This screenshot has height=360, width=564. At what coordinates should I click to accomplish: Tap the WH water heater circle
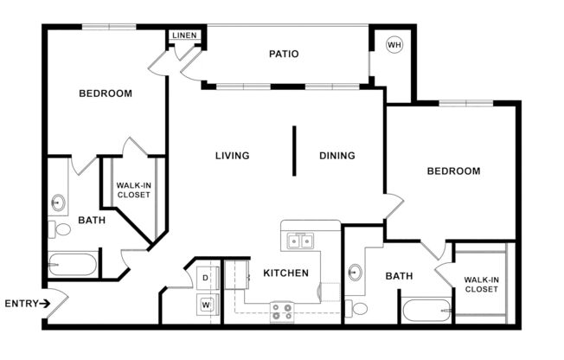pyautogui.click(x=394, y=45)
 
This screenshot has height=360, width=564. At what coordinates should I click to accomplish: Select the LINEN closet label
pyautogui.click(x=185, y=35)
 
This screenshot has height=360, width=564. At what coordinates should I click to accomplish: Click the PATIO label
pyautogui.click(x=284, y=54)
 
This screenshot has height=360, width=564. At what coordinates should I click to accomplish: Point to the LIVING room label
pyautogui.click(x=232, y=156)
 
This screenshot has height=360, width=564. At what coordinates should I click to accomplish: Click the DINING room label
pyautogui.click(x=336, y=156)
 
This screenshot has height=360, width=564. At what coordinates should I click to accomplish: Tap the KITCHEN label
pyautogui.click(x=285, y=273)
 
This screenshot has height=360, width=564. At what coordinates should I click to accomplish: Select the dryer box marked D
pyautogui.click(x=206, y=279)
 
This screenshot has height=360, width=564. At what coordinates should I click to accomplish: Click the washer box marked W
pyautogui.click(x=206, y=304)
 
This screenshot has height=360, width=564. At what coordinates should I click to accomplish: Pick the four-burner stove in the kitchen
pyautogui.click(x=281, y=311)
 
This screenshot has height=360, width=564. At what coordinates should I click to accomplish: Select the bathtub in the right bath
pyautogui.click(x=425, y=310)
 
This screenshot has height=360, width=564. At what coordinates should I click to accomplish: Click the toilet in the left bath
pyautogui.click(x=61, y=230)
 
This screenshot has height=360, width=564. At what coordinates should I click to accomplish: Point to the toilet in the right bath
pyautogui.click(x=357, y=308)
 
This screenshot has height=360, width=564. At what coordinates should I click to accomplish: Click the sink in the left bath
pyautogui.click(x=58, y=203)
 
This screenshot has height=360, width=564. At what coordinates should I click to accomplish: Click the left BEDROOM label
pyautogui.click(x=106, y=93)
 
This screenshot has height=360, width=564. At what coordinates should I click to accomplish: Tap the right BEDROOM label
pyautogui.click(x=453, y=171)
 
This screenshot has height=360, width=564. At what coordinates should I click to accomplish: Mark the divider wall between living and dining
pyautogui.click(x=294, y=151)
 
